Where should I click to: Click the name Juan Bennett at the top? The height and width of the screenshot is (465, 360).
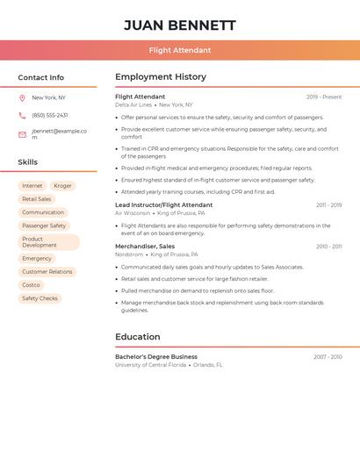coord(180,25)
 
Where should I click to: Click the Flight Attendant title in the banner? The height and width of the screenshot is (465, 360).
coord(180,51)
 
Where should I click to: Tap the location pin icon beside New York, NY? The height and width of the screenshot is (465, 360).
coord(22,98)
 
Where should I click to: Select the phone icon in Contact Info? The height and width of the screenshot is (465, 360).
coord(22,115)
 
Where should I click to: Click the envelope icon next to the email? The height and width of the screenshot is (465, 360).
coord(22,134)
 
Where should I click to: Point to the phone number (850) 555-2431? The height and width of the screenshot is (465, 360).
coord(50,115)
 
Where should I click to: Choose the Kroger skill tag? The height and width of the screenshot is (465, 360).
coord(62,186)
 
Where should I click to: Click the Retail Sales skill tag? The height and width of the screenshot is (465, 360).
coord(37,199)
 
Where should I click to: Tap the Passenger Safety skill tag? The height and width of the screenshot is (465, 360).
coord(44,225)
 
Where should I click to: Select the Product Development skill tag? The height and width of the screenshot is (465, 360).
coord(48,242)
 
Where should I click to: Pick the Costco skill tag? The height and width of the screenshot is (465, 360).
coord(31,285)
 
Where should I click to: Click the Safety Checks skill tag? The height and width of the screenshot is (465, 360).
coord(40,298)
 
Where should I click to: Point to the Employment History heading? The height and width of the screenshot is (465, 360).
coord(161,77)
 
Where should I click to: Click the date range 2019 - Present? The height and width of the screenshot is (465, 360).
coord(324,97)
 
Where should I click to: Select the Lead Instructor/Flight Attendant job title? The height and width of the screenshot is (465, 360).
coord(163,205)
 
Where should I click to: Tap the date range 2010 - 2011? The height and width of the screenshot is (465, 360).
coord(328,247)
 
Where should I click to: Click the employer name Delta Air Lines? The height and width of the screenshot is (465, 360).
coord(133,104)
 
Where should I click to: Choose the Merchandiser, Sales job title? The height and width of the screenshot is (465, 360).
coord(145,247)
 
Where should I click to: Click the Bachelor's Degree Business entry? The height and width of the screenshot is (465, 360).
coord(156,357)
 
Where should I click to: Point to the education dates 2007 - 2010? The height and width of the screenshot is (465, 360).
coord(328,357)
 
